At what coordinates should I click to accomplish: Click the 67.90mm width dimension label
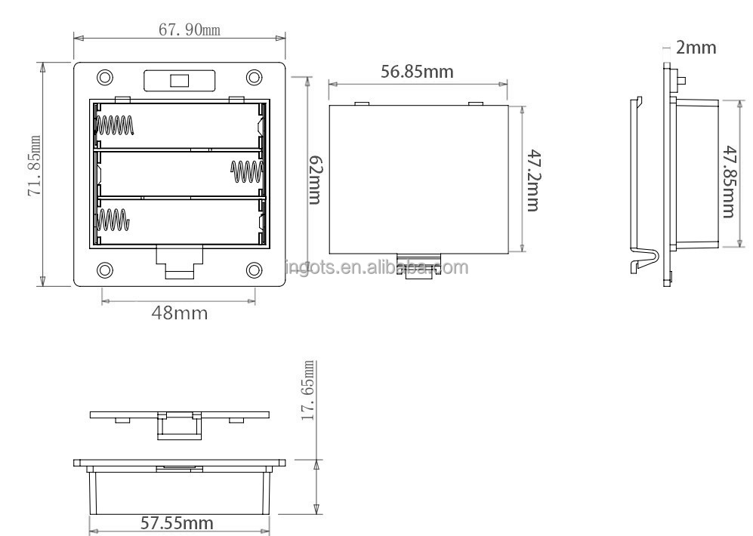tap(189, 29)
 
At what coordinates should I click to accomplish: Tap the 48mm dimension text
tap(178, 312)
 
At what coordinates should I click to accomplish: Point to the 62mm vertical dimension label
tap(316, 180)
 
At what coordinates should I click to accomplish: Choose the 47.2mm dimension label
tap(532, 180)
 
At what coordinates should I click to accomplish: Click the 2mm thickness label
tap(696, 48)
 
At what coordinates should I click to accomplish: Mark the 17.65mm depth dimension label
tap(308, 390)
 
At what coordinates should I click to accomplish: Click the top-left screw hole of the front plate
tap(105, 78)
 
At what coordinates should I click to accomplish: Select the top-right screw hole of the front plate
tap(255, 78)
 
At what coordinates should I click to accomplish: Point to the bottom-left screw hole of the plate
tap(105, 270)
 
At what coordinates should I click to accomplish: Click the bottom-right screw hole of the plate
tap(255, 270)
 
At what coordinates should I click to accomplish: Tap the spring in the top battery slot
tap(115, 125)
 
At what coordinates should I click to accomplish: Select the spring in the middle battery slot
tap(246, 172)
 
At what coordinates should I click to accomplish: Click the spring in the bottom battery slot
tap(113, 220)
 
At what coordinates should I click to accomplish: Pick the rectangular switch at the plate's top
tap(180, 79)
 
